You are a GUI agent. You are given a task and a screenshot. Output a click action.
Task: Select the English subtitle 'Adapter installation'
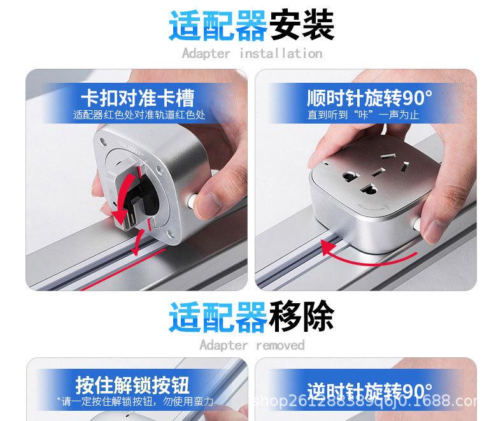point(252,54)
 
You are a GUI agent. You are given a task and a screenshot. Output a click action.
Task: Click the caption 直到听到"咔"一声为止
point(364,115)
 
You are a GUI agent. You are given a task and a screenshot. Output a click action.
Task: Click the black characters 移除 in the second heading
point(302,317)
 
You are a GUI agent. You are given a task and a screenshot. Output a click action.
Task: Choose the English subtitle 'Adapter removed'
point(252,345)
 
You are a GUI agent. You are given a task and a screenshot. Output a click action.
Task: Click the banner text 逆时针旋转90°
point(369,389)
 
